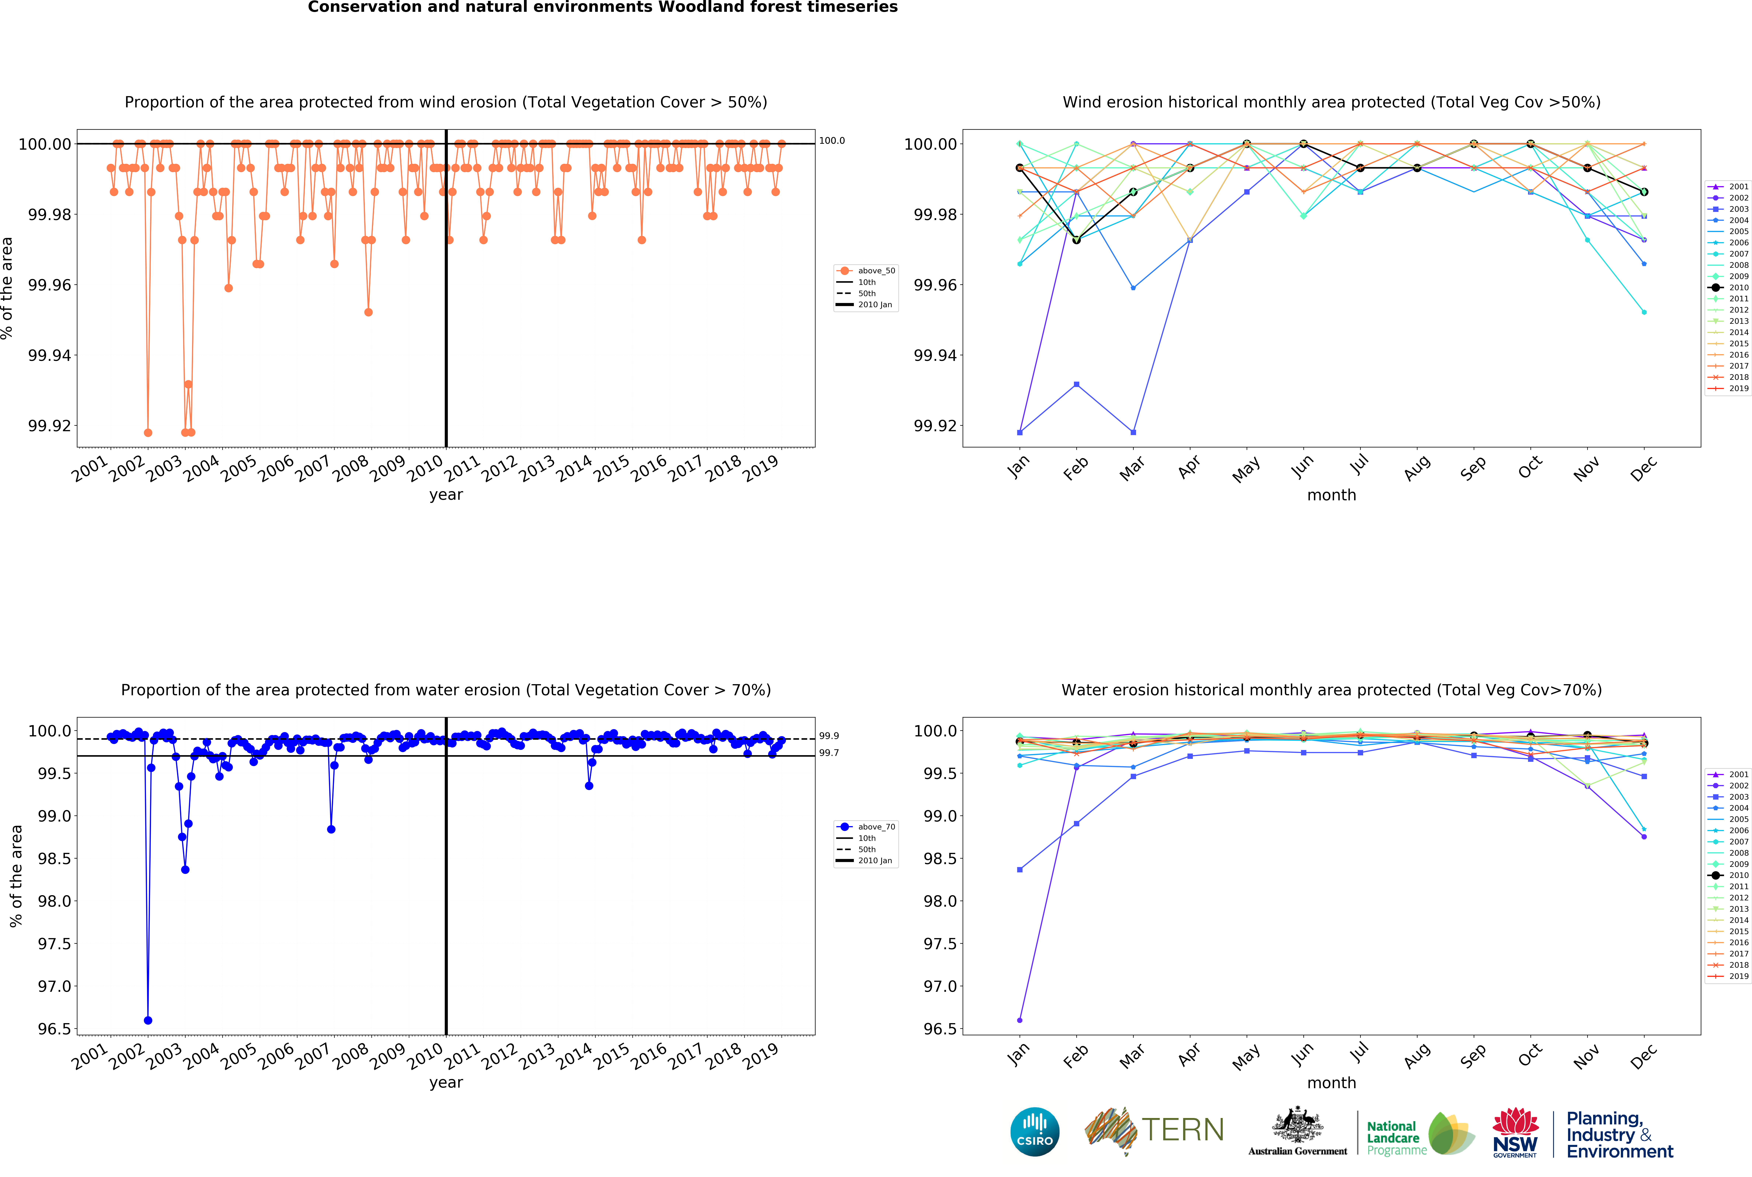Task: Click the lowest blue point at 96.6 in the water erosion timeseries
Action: tap(148, 1020)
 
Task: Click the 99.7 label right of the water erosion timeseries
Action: tap(829, 753)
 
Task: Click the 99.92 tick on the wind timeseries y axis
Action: tap(50, 426)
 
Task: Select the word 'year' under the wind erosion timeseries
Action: tap(446, 495)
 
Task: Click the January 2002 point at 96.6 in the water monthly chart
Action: tap(1019, 1020)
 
